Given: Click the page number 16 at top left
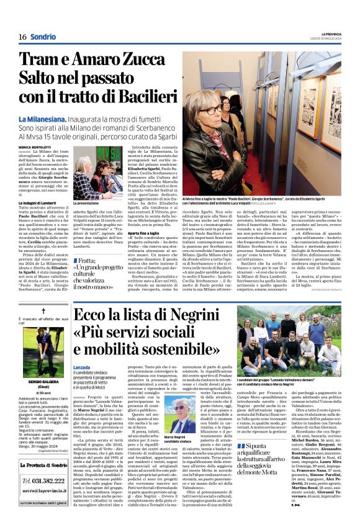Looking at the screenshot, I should tap(22, 37).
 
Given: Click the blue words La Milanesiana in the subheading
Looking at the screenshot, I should tap(60, 118).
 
